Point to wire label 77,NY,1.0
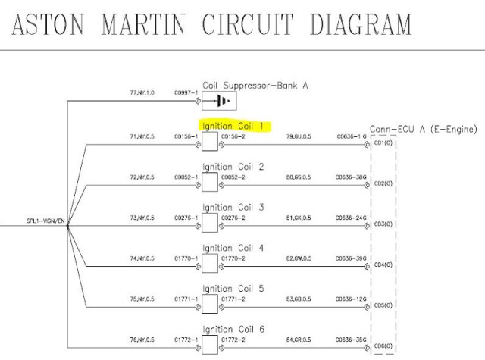tap(142, 93)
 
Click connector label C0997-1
tap(186, 93)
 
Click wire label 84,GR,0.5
tap(298, 340)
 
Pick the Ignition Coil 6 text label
tap(233, 330)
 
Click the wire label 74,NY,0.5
tap(142, 258)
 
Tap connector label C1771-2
tap(233, 299)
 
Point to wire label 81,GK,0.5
tap(298, 218)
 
